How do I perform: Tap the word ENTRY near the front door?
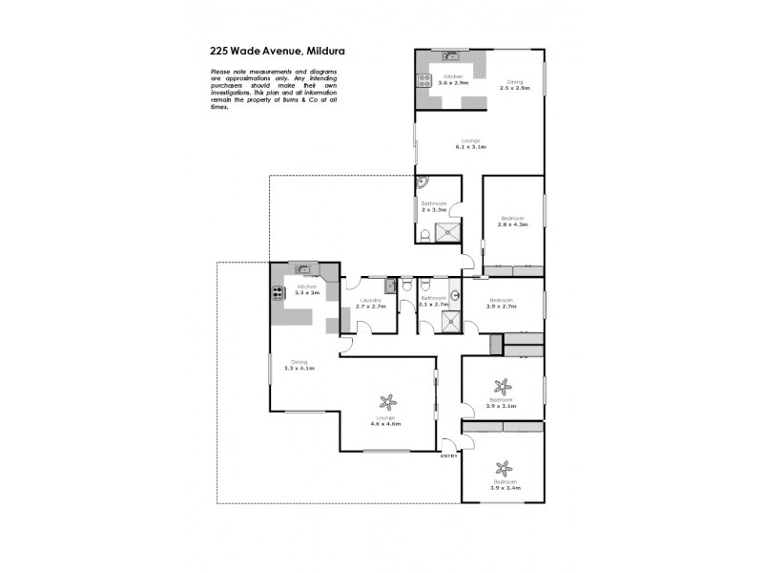448,456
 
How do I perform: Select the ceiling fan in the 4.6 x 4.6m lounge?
386,400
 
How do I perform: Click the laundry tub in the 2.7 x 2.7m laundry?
390,286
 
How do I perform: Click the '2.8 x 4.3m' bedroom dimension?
514,224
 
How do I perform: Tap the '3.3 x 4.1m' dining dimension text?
301,368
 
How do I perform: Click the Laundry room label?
370,301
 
